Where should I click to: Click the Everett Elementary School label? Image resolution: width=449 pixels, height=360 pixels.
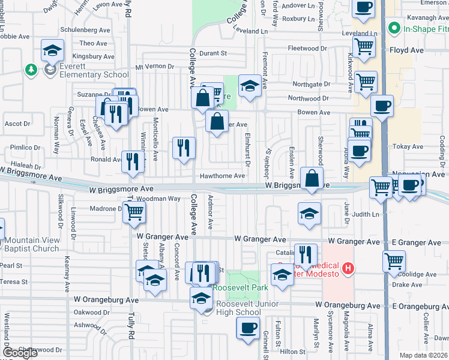pyautogui.click(x=88, y=74)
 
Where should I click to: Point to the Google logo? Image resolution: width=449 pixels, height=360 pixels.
pyautogui.click(x=20, y=353)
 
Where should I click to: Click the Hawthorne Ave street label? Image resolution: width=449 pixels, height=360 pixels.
pyautogui.click(x=222, y=176)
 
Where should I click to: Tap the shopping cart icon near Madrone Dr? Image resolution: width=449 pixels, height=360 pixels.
pyautogui.click(x=135, y=211)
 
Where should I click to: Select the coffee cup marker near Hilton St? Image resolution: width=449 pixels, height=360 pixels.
pyautogui.click(x=248, y=329)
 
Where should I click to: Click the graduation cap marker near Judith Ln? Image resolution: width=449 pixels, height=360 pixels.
pyautogui.click(x=309, y=214)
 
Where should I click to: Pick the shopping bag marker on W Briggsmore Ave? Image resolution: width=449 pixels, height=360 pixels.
pyautogui.click(x=312, y=178)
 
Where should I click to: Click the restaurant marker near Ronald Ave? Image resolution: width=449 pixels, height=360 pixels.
pyautogui.click(x=133, y=161)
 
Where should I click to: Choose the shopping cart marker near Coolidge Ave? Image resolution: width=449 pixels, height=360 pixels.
pyautogui.click(x=394, y=261)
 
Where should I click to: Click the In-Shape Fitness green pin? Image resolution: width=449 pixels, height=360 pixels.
pyautogui.click(x=394, y=28)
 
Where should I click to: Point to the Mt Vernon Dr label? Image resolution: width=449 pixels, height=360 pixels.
pyautogui.click(x=155, y=67)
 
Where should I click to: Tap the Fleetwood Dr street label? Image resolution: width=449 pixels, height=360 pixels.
pyautogui.click(x=307, y=48)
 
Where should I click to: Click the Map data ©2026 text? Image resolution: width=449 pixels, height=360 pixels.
pyautogui.click(x=423, y=355)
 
